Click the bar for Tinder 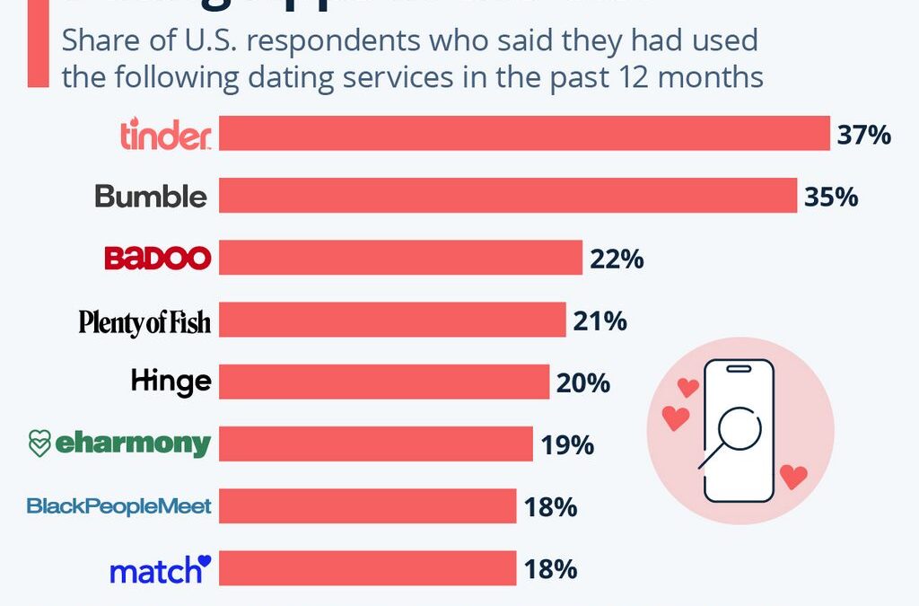(x=524, y=134)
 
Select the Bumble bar (x=508, y=196)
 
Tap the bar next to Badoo (x=401, y=259)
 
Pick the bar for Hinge (x=384, y=382)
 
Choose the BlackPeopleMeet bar (x=368, y=505)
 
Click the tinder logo (x=165, y=135)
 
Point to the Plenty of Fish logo (x=144, y=321)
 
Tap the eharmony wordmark (x=134, y=443)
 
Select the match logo (x=160, y=569)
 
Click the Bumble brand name (x=151, y=197)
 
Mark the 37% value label (x=863, y=135)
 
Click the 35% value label (x=831, y=197)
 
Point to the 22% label (x=617, y=259)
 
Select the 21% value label (x=600, y=321)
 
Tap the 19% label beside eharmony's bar (x=567, y=444)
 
